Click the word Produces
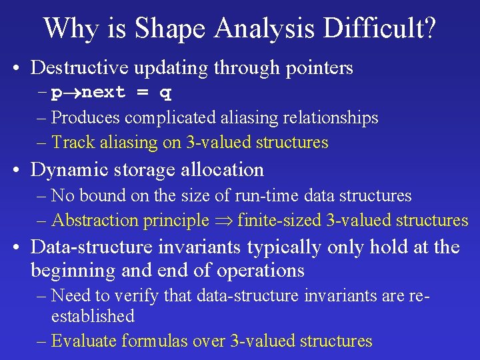coord(85,118)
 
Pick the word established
coord(93,316)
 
